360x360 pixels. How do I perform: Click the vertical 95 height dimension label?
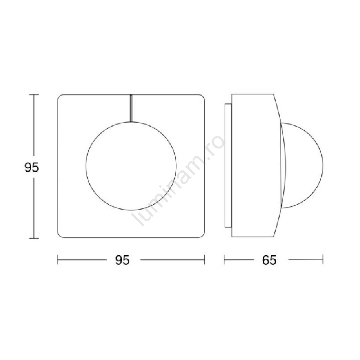pyautogui.click(x=32, y=167)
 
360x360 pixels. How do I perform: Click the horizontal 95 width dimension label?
pyautogui.click(x=122, y=260)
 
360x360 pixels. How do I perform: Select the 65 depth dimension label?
pyautogui.click(x=269, y=260)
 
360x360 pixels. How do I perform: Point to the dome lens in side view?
pyautogui.click(x=323, y=166)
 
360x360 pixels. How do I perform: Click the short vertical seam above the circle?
pyautogui.click(x=131, y=108)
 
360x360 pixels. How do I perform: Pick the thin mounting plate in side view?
pyautogui.click(x=228, y=166)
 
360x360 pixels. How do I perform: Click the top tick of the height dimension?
pyautogui.click(x=34, y=95)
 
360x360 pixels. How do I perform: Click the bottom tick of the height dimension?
pyautogui.click(x=34, y=238)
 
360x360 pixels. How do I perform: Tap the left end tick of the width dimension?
pyautogui.click(x=58, y=260)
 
